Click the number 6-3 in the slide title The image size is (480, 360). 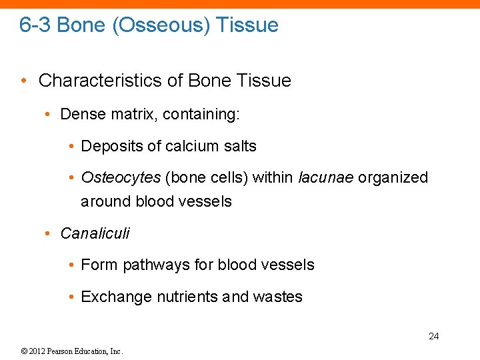pyautogui.click(x=35, y=25)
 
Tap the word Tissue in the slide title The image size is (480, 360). pyautogui.click(x=247, y=25)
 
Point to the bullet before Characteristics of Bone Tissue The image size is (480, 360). pyautogui.click(x=24, y=81)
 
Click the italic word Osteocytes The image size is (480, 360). pyautogui.click(x=121, y=177)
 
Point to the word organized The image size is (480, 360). pyautogui.click(x=393, y=177)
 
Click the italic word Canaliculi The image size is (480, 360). pyautogui.click(x=95, y=233)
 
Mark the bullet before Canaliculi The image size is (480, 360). pyautogui.click(x=47, y=233)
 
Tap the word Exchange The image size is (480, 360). pyautogui.click(x=116, y=297)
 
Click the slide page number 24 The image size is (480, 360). pyautogui.click(x=433, y=336)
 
